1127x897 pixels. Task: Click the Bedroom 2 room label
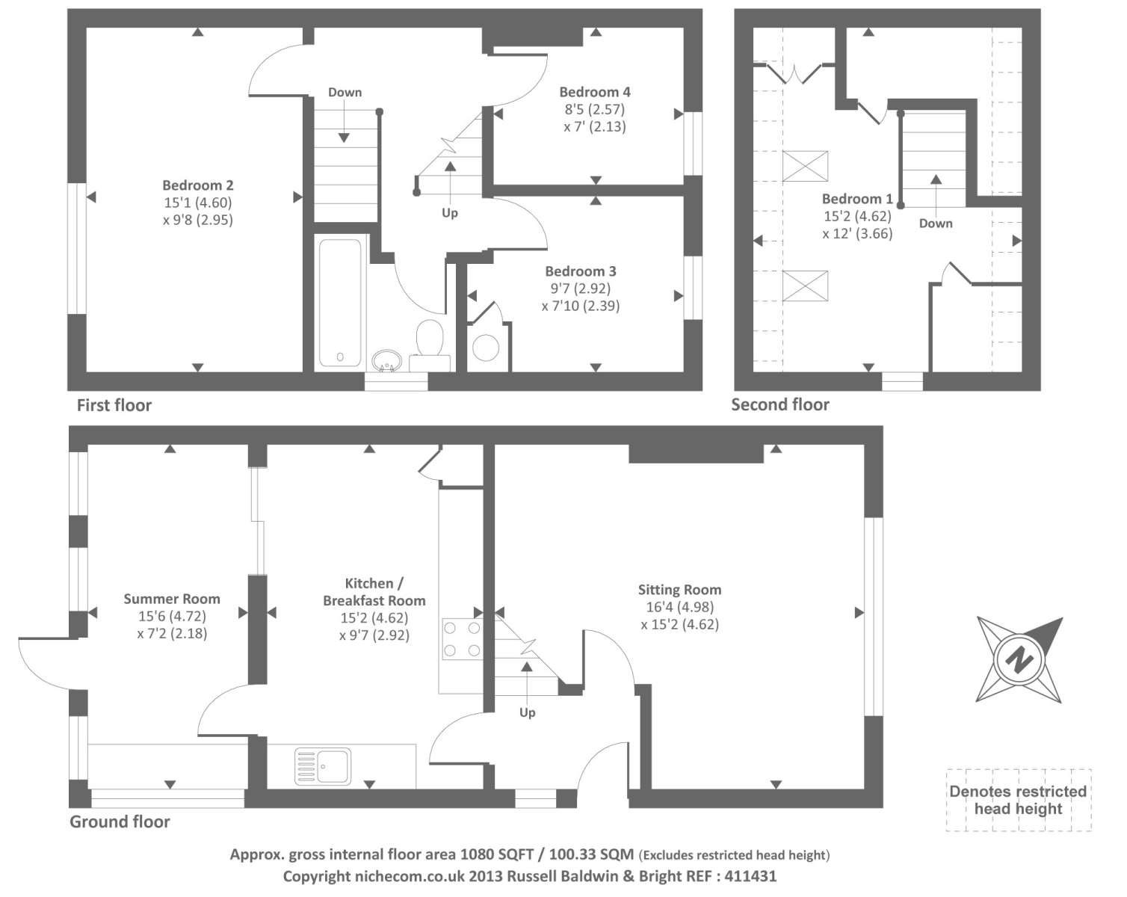(x=198, y=185)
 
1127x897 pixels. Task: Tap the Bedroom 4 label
(x=595, y=92)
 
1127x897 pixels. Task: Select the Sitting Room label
(x=679, y=590)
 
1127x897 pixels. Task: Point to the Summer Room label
(x=172, y=599)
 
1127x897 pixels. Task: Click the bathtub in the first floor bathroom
(x=340, y=303)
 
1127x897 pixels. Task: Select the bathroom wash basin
(x=386, y=362)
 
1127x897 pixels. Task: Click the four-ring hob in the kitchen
(x=461, y=640)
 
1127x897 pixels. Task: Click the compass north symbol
(x=1018, y=660)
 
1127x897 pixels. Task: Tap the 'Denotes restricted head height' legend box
(x=1018, y=800)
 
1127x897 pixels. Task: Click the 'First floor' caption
(x=114, y=406)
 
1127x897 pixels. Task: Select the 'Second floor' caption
(x=780, y=405)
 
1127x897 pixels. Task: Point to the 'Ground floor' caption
(x=120, y=822)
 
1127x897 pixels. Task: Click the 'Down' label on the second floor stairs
(x=936, y=224)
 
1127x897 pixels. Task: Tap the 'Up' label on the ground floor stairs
(x=528, y=713)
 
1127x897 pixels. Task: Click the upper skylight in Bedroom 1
(x=805, y=166)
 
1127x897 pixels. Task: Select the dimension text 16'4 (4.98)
(x=679, y=608)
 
